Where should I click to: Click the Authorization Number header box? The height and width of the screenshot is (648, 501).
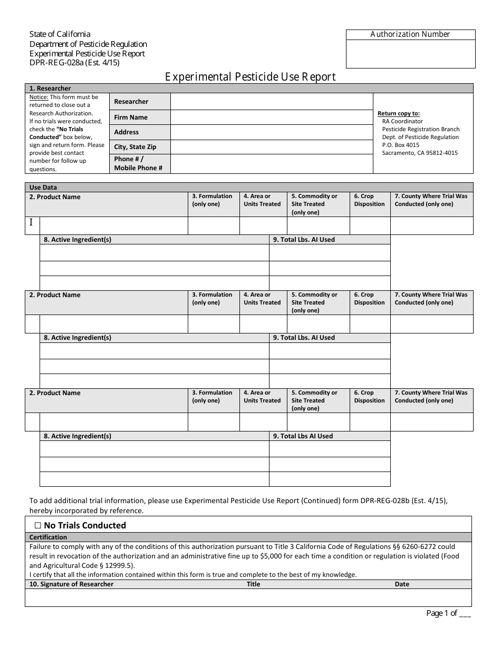click(410, 35)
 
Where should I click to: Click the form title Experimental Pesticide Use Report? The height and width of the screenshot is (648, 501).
click(250, 77)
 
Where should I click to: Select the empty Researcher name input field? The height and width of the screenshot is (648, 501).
click(271, 102)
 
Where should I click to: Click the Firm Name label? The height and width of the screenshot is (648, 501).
click(131, 117)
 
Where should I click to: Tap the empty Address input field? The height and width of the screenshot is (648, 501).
click(271, 132)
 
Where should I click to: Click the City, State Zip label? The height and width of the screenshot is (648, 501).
click(135, 147)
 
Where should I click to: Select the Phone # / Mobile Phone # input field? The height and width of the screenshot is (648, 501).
click(271, 163)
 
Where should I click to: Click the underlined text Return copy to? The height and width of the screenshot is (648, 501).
click(399, 113)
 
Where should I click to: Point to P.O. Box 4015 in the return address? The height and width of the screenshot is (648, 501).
click(401, 145)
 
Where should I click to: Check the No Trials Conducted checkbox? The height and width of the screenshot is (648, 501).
click(37, 525)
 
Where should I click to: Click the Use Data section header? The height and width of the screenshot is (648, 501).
click(43, 188)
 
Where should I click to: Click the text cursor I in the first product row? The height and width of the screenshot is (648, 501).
click(31, 222)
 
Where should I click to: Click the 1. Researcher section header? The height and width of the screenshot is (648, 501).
click(50, 89)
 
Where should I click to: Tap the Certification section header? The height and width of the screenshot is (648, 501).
click(48, 537)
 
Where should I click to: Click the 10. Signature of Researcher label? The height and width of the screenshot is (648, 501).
click(71, 584)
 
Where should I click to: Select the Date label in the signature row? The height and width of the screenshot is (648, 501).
click(402, 584)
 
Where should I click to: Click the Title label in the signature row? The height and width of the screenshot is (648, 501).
click(254, 584)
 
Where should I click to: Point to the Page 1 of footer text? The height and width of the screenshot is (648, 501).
click(448, 613)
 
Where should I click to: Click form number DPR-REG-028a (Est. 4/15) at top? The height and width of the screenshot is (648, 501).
click(74, 63)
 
